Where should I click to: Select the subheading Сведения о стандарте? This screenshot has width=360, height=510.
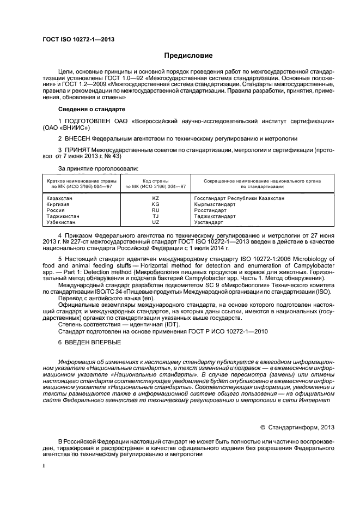point(89,109)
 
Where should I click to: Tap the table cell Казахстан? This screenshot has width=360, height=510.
point(58,198)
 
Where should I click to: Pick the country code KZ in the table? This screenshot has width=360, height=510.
point(155,198)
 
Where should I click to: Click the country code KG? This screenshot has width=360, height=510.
point(155,204)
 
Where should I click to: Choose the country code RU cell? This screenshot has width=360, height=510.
point(155,210)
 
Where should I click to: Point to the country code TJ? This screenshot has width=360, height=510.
point(155,216)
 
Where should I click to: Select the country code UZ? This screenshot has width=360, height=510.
point(155,222)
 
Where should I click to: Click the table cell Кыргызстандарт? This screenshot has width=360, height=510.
point(215,204)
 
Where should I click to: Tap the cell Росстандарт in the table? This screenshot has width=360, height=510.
point(210,210)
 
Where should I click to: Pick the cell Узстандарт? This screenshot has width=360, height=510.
point(209,222)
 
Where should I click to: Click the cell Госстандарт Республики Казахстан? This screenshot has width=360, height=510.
point(239,198)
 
